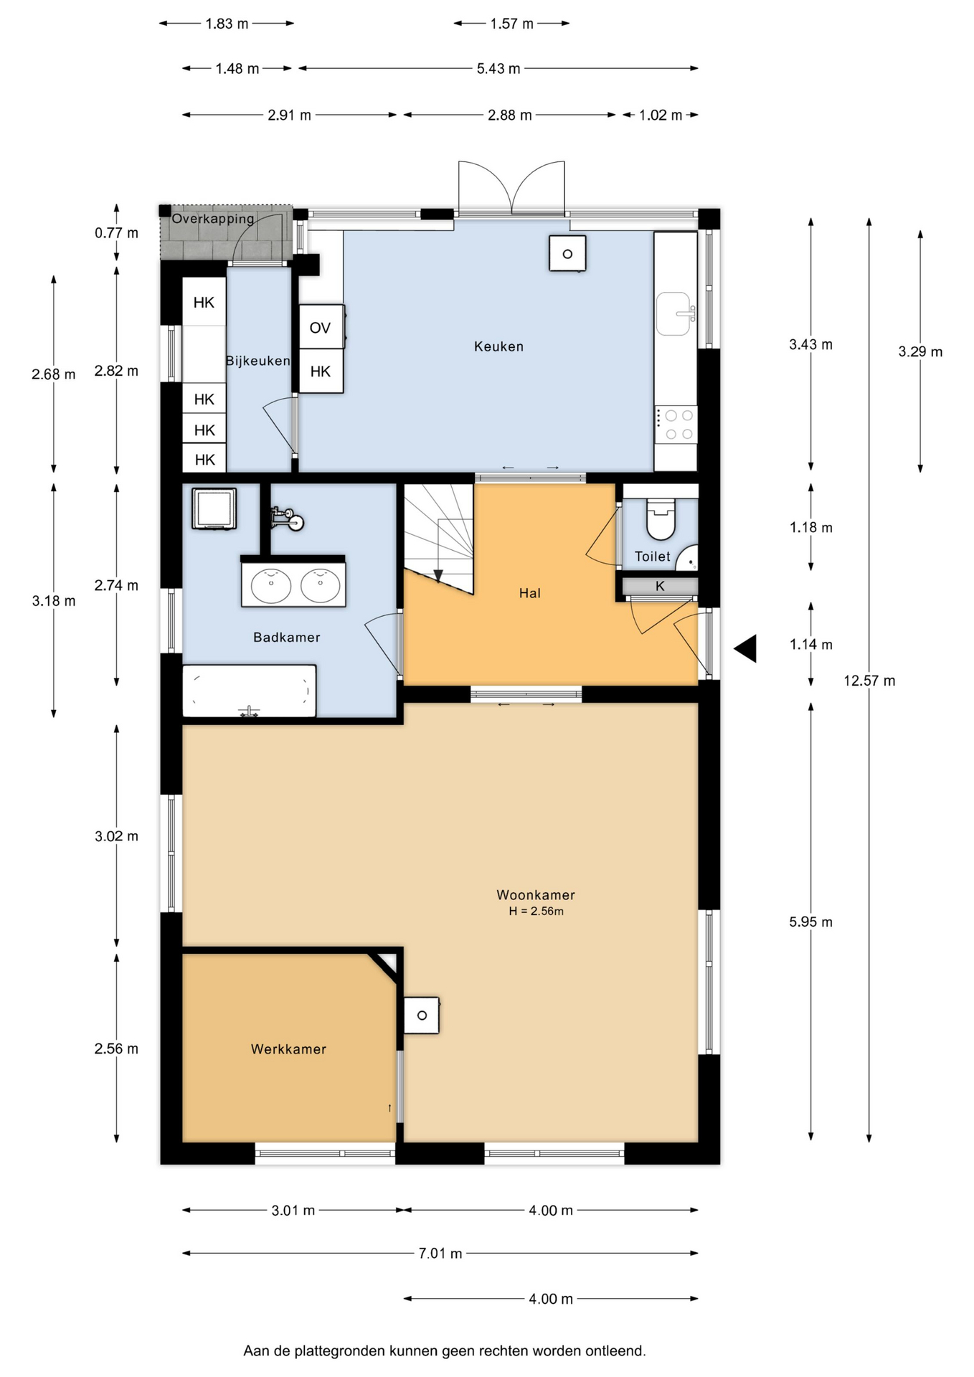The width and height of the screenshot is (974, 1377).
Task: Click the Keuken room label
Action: point(498,346)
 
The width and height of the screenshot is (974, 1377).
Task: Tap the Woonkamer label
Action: point(536,895)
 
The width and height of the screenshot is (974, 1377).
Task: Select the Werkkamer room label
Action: point(288,1049)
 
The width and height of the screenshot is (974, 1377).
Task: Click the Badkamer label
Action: point(286,637)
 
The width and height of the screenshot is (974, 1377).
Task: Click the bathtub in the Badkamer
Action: point(249,691)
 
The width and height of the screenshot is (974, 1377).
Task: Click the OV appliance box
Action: point(321,328)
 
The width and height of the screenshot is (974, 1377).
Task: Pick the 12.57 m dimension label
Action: point(869,681)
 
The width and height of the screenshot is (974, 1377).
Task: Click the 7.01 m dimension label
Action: point(440,1253)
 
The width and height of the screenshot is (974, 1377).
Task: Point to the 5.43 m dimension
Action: point(498,69)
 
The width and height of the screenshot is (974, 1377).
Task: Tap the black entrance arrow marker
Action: point(745,648)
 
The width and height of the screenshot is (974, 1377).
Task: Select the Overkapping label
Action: point(213,219)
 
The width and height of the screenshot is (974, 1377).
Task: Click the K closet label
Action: point(660,586)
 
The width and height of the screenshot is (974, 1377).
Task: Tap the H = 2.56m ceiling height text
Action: point(536,912)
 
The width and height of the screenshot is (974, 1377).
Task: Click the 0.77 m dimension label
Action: point(116,233)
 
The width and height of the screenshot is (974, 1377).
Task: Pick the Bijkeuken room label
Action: point(257,361)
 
